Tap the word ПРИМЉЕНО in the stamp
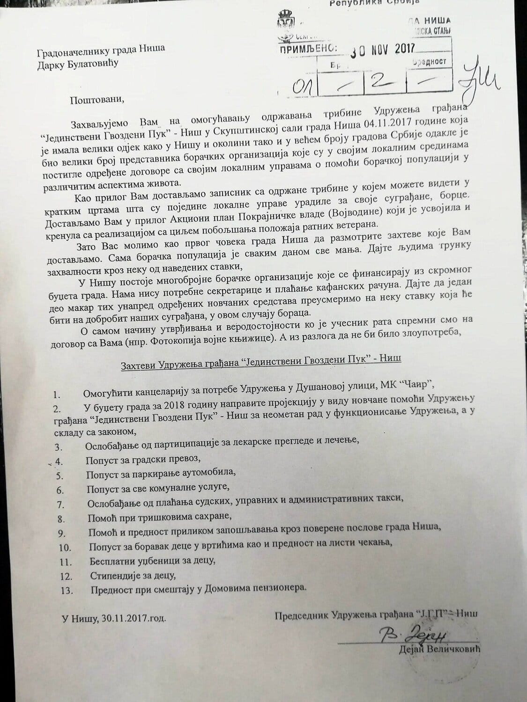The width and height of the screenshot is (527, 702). (309, 49)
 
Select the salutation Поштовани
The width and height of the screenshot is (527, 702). (98, 99)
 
